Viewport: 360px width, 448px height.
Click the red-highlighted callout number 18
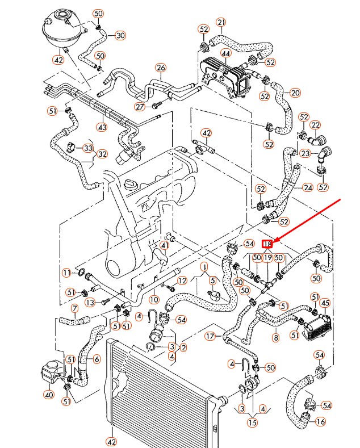pos(267,244)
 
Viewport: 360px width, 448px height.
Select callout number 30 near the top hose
pos(120,35)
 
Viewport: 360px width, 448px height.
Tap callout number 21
pos(221,23)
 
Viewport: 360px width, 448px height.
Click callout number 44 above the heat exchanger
pos(225,55)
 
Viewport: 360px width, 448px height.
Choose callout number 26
pos(161,68)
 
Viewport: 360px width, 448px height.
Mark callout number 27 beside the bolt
pos(140,107)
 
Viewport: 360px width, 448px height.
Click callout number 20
pos(295,93)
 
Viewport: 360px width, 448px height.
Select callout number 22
pos(315,125)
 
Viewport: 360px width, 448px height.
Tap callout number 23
pos(305,153)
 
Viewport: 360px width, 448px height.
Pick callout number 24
pos(308,187)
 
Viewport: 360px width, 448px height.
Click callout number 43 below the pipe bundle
pos(102,127)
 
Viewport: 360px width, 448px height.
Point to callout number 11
pos(66,273)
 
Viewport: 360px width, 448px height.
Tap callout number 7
pos(74,309)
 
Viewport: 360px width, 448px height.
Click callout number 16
pos(321,422)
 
